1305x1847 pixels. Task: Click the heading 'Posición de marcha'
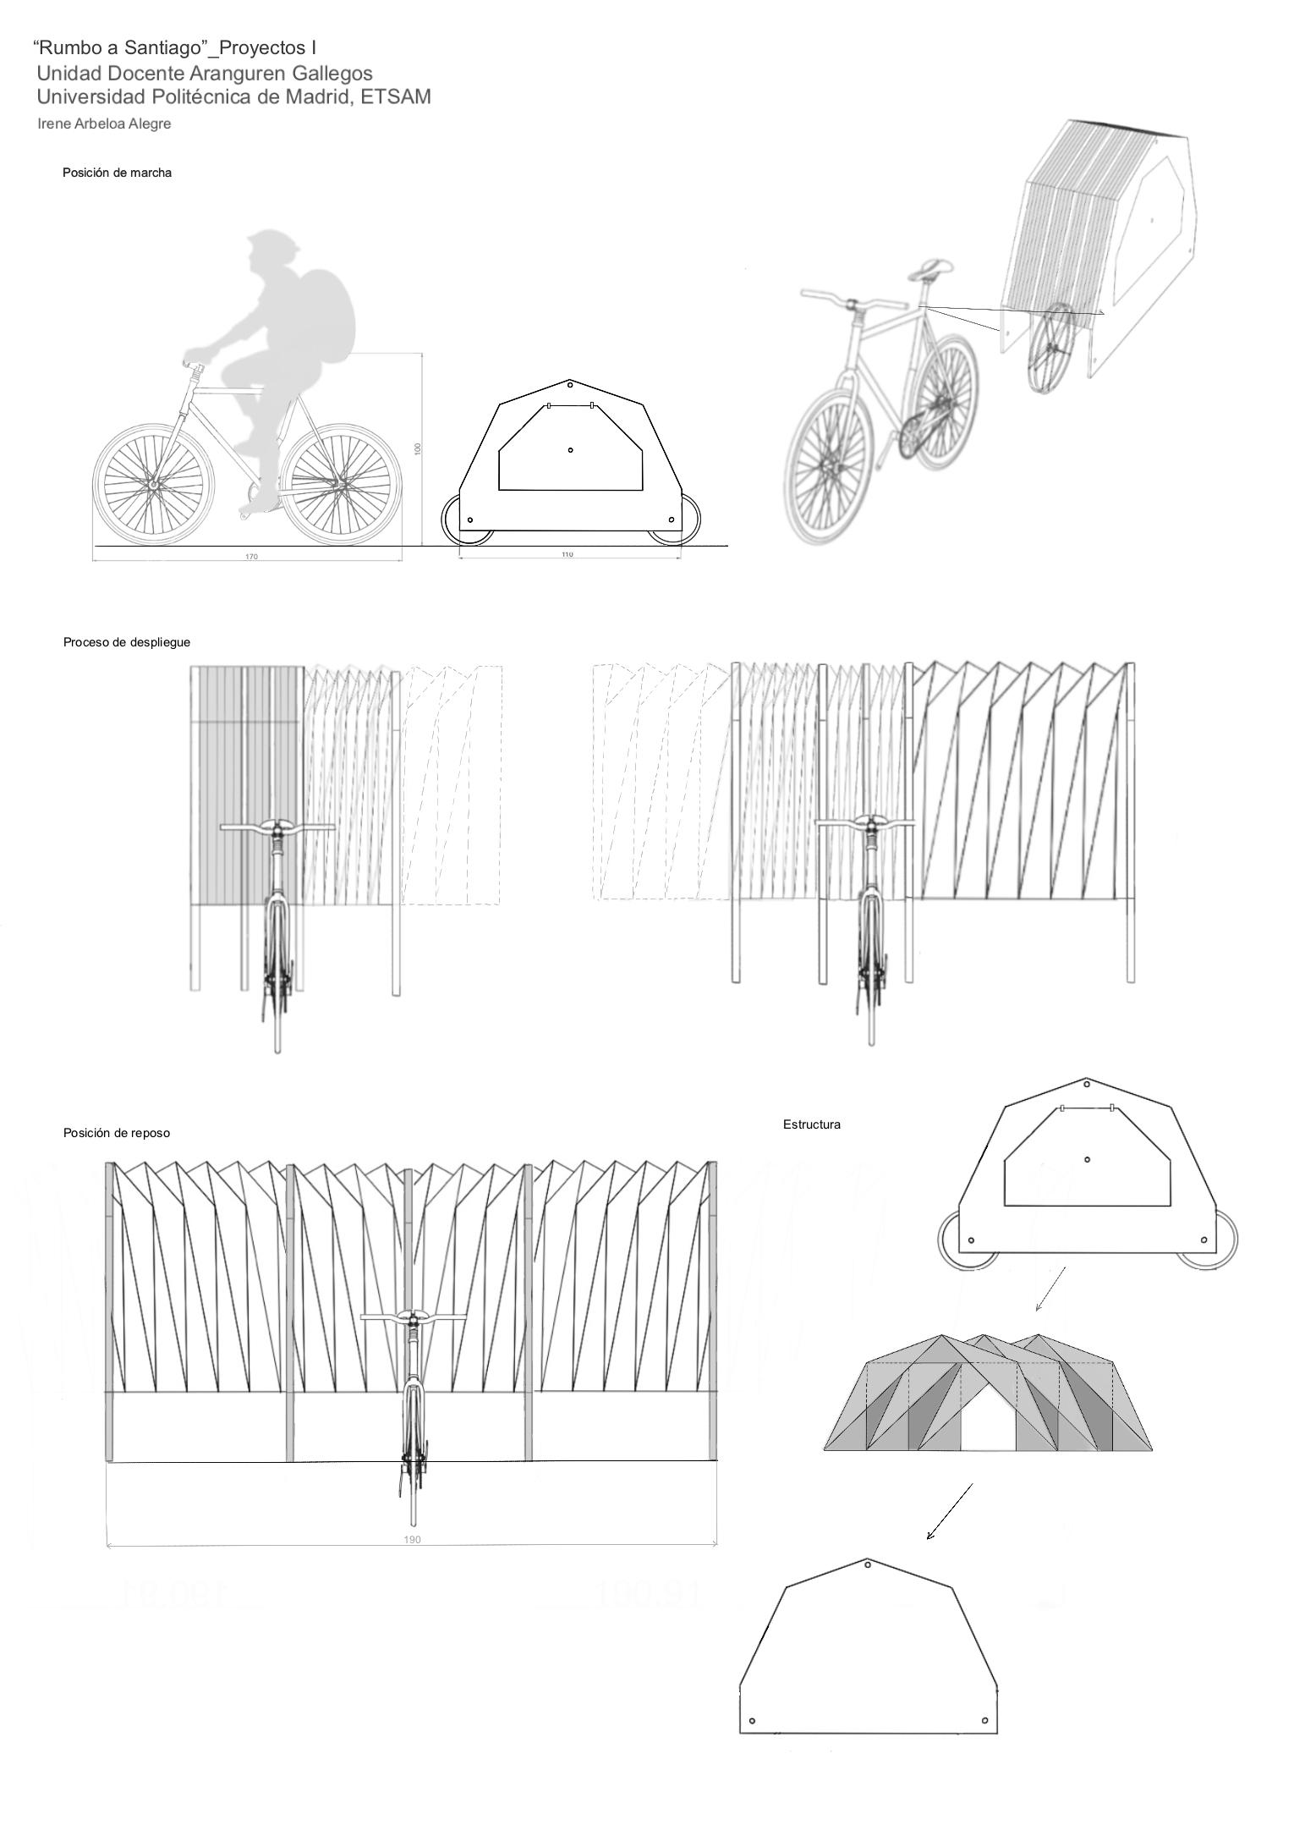117,173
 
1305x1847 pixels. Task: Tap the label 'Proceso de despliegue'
127,642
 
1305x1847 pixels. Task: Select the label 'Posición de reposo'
117,1133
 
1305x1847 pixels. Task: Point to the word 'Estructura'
812,1124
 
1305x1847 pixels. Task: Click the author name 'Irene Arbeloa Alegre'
104,124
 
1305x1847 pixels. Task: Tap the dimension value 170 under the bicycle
251,556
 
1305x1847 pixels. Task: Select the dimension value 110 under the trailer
567,554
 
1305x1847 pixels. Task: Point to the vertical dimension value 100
417,448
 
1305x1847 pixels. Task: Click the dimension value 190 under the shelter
413,1539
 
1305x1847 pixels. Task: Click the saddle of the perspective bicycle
930,269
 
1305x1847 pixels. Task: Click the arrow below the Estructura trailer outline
1050,1289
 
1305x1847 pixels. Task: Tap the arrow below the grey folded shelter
949,1512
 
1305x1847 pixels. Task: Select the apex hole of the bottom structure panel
868,1564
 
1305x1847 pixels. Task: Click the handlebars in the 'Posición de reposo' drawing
413,1317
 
